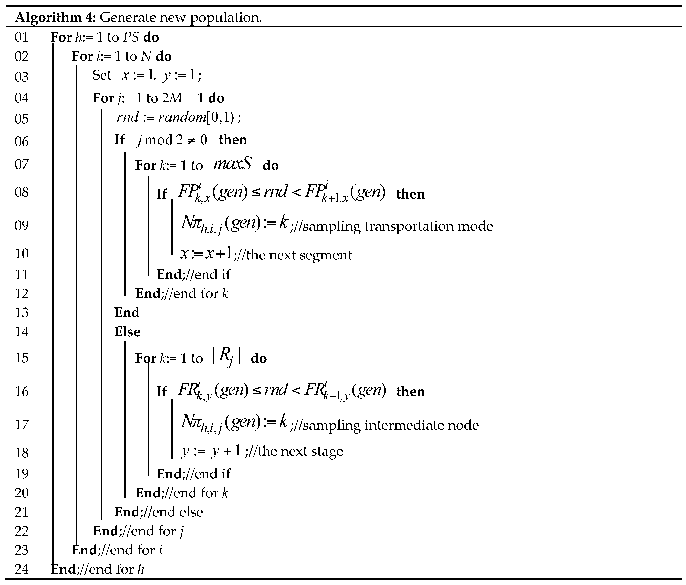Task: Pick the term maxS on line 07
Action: pyautogui.click(x=233, y=164)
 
